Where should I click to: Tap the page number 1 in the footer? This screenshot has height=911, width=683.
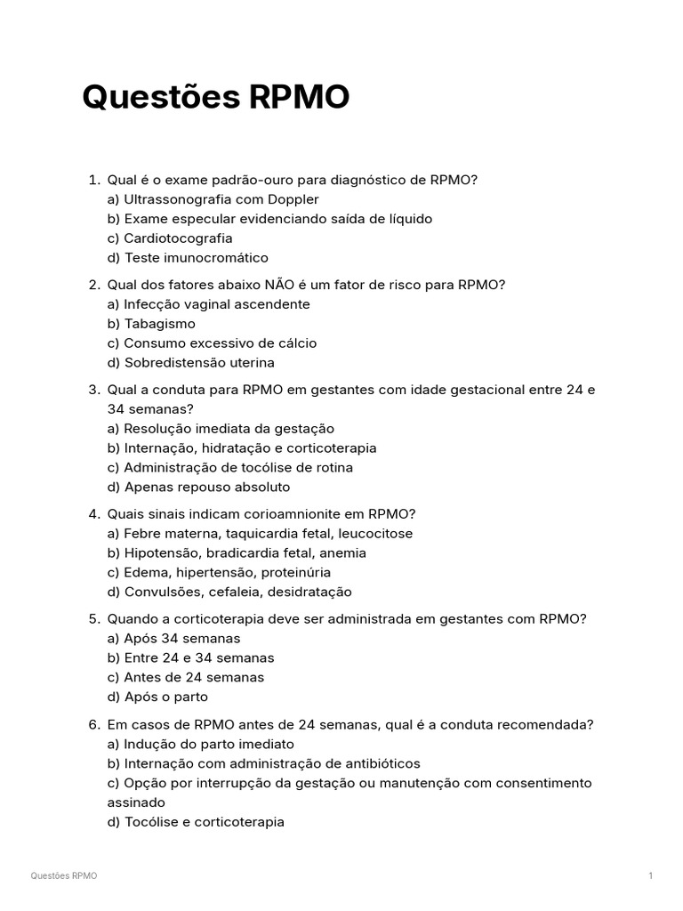point(651,876)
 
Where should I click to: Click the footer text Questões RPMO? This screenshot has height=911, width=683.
point(64,876)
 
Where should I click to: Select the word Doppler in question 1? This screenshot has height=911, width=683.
point(290,199)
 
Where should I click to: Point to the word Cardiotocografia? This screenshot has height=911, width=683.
point(178,238)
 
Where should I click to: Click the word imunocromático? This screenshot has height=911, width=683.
point(215,258)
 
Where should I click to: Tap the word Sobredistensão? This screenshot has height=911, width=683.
point(174,363)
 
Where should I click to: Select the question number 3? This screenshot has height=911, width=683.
point(93,390)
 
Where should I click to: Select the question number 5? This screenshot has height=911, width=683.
point(93,619)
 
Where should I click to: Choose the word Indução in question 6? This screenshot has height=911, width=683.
point(150,744)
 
